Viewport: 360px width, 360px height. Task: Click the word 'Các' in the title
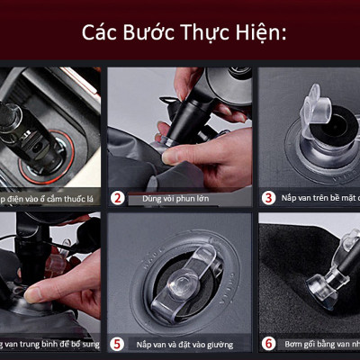(102, 33)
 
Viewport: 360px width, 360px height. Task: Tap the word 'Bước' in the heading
(152, 33)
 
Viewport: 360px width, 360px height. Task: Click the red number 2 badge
(118, 196)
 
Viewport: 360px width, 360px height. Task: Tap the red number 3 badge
(268, 196)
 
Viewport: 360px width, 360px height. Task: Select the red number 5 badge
(118, 343)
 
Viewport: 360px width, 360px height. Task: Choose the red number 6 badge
(268, 343)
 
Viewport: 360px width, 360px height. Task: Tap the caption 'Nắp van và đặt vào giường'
(185, 344)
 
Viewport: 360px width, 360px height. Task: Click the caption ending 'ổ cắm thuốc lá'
(49, 197)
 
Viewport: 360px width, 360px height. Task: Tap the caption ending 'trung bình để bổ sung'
(49, 344)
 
